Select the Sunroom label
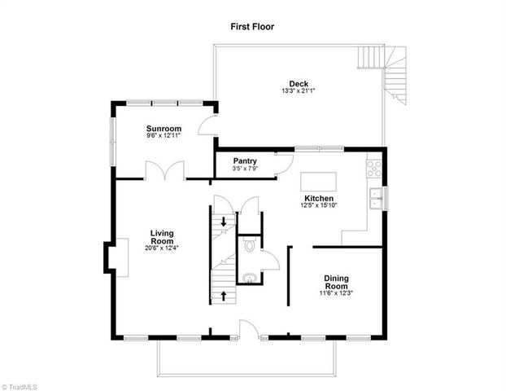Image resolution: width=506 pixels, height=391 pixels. click(x=164, y=129)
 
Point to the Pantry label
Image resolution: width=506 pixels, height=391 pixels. click(x=245, y=160)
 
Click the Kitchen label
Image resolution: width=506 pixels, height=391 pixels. click(x=319, y=199)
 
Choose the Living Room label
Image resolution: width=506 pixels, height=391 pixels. click(x=163, y=237)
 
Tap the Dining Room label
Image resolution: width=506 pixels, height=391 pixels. click(x=336, y=282)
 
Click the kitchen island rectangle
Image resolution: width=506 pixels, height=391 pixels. click(x=318, y=180)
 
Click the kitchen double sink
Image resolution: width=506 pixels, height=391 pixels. click(x=377, y=197)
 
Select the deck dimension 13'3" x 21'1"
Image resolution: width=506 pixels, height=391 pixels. click(x=298, y=91)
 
